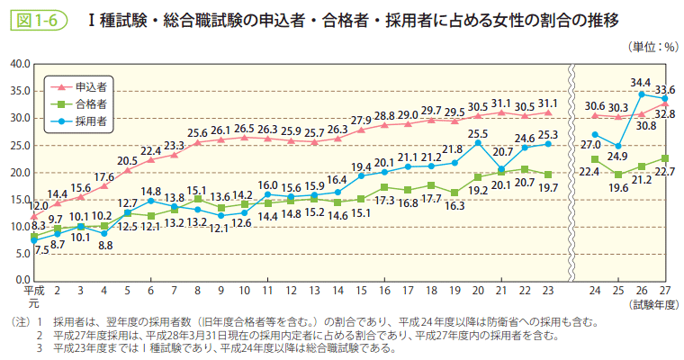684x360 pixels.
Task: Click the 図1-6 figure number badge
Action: [x=37, y=19]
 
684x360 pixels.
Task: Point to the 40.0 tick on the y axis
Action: [x=18, y=64]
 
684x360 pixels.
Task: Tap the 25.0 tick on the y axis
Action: [x=18, y=145]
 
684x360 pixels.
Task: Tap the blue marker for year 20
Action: [x=477, y=143]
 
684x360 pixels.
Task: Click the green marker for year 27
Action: [x=664, y=158]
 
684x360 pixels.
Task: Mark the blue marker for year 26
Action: [x=641, y=94]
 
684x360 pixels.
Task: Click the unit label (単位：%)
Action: [x=647, y=46]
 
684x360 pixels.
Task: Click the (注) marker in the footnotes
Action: [x=15, y=321]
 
